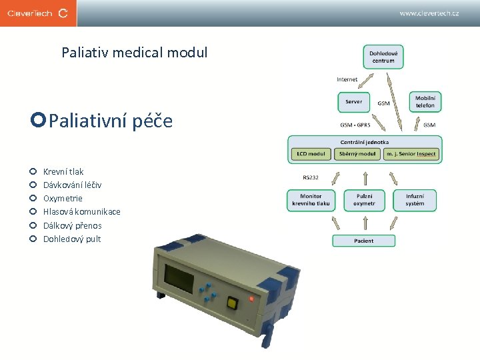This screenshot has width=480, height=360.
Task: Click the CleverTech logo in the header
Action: point(38,13)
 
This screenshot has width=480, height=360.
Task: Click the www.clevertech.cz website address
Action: point(429,13)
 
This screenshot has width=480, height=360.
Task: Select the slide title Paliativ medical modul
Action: point(134,52)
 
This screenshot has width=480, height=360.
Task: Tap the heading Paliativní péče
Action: point(111,121)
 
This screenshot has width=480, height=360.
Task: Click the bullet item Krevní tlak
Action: point(63,172)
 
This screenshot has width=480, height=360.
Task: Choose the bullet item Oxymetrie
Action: point(63,199)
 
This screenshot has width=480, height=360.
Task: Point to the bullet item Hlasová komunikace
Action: point(81,212)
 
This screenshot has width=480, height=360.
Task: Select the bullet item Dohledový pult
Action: point(72,239)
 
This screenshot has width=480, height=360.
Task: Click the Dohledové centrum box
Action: point(383,57)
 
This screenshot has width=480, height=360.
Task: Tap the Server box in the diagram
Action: point(354,102)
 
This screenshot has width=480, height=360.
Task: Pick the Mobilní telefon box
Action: point(425,101)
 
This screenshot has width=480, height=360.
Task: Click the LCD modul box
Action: point(311,154)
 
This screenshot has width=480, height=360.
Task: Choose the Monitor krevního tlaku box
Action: point(310,200)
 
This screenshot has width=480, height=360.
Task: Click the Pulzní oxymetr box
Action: point(364,200)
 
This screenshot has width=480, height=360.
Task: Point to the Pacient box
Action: point(363,241)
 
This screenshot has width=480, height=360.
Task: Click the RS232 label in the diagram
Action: point(311,178)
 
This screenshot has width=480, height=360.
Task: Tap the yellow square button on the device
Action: point(232,303)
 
